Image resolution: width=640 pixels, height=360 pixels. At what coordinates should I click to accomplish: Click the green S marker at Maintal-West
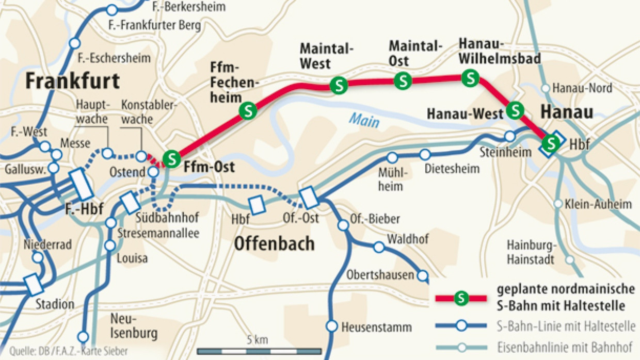click(339, 86)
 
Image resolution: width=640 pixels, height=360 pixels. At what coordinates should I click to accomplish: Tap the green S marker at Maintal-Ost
click(403, 81)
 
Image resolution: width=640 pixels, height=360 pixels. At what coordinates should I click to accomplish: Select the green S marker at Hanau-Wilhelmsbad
click(470, 78)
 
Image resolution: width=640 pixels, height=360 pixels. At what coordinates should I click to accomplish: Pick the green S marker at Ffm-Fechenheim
click(248, 110)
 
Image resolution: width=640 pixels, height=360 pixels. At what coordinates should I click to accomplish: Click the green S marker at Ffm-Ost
click(171, 157)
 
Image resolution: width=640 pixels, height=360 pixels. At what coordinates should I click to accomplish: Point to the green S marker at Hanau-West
click(515, 110)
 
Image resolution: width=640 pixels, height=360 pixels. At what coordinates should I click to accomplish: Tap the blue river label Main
click(363, 120)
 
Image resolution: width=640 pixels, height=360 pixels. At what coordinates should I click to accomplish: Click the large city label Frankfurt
click(72, 81)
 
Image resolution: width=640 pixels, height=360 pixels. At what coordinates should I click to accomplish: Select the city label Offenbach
click(274, 243)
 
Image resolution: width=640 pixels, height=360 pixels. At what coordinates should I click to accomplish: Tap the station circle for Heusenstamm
click(332, 326)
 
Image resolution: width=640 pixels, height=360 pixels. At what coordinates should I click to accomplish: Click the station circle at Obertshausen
click(423, 275)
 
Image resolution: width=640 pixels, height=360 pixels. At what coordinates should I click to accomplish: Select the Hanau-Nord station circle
click(546, 88)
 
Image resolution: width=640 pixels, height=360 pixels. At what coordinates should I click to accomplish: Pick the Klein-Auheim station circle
click(558, 204)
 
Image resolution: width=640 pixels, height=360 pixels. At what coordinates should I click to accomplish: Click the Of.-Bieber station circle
click(343, 225)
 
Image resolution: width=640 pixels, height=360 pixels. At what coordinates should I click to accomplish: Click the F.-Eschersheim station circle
click(75, 43)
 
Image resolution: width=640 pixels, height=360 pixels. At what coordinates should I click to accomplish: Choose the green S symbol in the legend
click(462, 298)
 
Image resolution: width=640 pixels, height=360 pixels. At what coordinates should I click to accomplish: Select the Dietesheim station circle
click(425, 154)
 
